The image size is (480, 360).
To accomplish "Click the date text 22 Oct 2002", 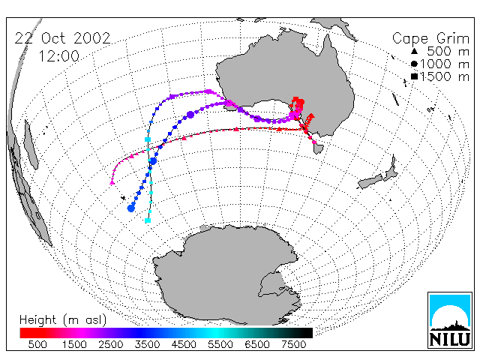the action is coord(62,38).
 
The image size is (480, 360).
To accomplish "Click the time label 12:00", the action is coord(59,56).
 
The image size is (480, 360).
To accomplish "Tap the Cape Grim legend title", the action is coord(430,39).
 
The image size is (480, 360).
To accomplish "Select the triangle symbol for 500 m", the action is coord(414,52).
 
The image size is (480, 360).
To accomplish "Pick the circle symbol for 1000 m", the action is coord(414,64).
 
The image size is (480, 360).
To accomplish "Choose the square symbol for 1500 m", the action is coord(414,76).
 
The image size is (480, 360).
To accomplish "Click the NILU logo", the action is coord(450,320).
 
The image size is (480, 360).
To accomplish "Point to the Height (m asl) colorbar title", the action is coord(63,320).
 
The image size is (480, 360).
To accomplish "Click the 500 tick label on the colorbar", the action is coord(37,345).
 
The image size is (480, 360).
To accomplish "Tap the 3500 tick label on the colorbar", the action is coord(147,345).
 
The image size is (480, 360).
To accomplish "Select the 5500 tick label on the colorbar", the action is coord(220,345).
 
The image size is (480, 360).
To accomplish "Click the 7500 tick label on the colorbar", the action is coord(293,345).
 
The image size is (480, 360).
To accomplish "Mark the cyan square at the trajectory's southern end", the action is coord(148,220).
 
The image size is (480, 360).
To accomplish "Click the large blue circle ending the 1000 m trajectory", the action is coord(131,208).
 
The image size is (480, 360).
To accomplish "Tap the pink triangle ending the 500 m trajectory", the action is coord(112,182).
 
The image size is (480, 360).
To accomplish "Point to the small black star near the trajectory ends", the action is coord(123,198).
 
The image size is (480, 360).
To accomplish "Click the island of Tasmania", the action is coord(318,148).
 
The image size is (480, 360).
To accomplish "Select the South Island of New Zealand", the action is coord(370,182).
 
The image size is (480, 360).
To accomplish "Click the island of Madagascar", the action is coord(31,144).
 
